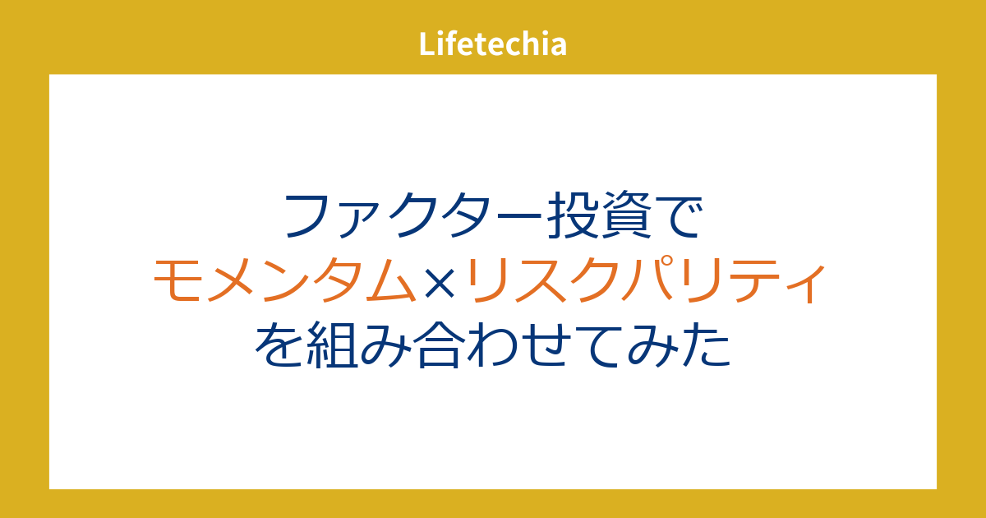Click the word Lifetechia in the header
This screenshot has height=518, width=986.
(x=492, y=44)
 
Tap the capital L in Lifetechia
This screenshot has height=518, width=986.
(x=427, y=44)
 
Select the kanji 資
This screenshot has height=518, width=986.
(x=627, y=215)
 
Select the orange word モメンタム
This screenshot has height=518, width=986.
(x=284, y=280)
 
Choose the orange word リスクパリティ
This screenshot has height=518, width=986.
(x=644, y=280)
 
